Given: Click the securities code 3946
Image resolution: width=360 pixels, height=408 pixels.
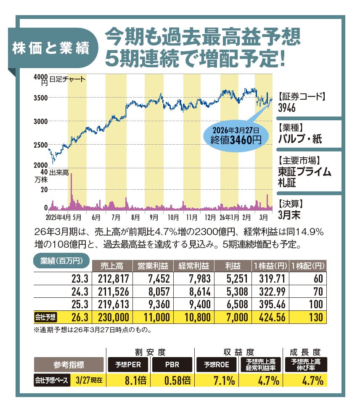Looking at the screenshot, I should (287, 108).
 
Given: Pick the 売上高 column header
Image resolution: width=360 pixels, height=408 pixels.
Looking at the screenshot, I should (112, 266).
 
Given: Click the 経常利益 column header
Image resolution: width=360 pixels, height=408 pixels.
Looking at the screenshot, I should (193, 266).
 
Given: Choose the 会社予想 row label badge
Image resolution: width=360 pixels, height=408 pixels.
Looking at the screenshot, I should (45, 317).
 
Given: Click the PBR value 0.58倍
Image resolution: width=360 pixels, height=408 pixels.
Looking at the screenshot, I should (174, 381).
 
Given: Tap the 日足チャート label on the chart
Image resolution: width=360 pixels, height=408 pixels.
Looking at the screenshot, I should (67, 79).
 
